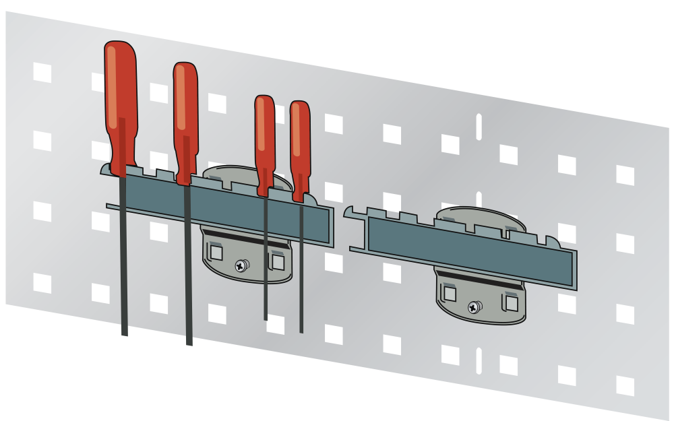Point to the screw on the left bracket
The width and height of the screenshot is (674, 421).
(241, 265)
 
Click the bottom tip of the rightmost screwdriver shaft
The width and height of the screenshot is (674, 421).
(301, 330)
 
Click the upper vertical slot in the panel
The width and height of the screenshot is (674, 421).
(479, 127)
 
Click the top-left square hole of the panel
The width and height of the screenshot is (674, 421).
(42, 72)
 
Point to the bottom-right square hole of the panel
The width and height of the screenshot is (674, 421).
(625, 386)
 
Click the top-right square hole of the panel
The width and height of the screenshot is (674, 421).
(625, 175)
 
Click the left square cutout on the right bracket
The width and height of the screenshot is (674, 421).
(449, 294)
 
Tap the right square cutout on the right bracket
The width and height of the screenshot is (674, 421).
(511, 303)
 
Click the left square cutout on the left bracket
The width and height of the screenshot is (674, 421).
(215, 253)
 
